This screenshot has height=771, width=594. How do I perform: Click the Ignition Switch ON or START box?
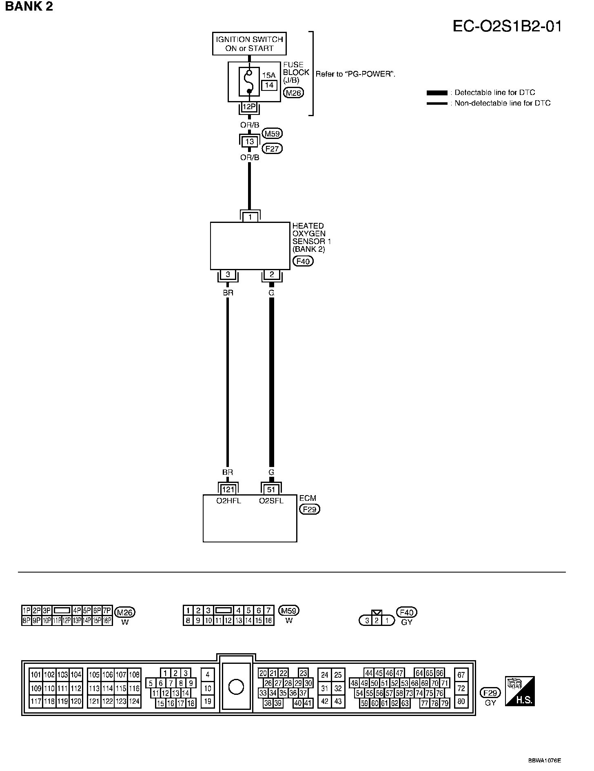249,44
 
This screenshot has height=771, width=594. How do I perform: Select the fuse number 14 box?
269,85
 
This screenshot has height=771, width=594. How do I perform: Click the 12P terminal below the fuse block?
249,107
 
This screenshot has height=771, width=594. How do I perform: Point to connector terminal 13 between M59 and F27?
249,141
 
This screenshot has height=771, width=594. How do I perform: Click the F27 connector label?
272,149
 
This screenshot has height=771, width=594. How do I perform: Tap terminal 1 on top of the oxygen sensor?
250,217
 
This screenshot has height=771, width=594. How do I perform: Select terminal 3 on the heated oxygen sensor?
228,275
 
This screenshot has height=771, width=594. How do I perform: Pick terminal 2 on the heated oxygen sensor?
272,275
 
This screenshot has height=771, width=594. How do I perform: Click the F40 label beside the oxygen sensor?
303,261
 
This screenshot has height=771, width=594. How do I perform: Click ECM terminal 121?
228,489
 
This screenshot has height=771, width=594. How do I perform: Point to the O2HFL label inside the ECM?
228,501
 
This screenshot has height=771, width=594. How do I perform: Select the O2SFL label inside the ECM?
271,501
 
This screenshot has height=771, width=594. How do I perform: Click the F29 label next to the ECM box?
309,509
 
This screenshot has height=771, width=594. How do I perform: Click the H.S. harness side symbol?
519,692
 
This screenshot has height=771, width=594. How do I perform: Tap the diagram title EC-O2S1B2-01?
507,26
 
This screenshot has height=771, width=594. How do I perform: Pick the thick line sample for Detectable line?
437,93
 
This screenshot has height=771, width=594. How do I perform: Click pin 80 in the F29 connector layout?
461,702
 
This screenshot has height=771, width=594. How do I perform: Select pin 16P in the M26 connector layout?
107,621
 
